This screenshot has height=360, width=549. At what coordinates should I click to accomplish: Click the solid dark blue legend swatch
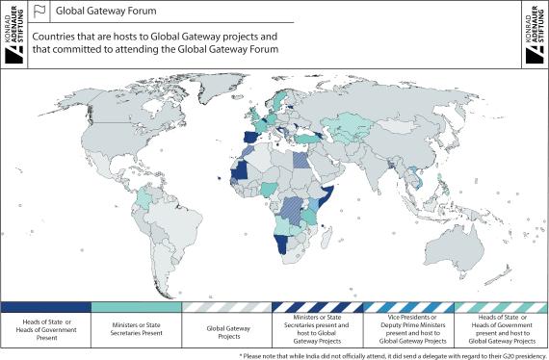pyautogui.click(x=45, y=306)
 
